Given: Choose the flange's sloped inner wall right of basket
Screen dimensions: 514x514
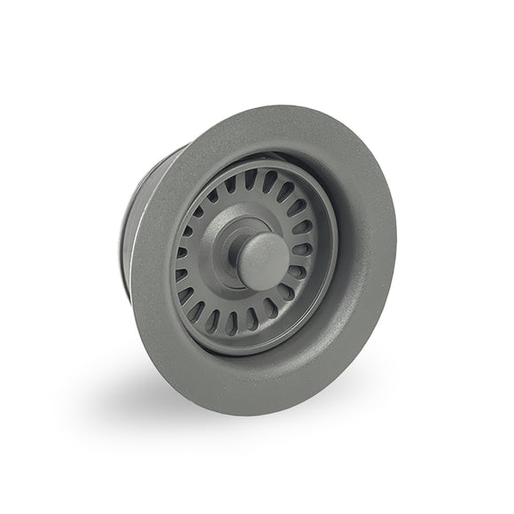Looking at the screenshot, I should point(341,266).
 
